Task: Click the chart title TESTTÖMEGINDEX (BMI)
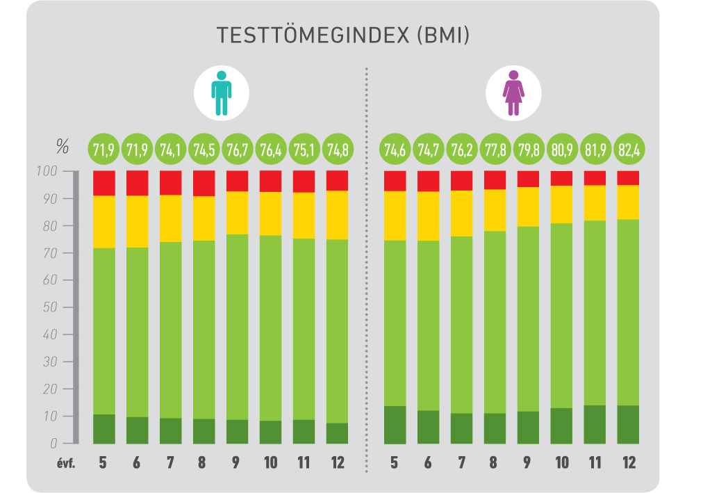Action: [342, 36]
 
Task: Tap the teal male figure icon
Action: [221, 92]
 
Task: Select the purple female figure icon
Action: [513, 92]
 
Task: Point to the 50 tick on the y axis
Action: [53, 307]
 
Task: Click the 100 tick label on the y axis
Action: [50, 171]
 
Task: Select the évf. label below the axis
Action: [66, 463]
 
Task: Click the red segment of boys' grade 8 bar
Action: [204, 184]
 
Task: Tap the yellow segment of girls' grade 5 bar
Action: [395, 216]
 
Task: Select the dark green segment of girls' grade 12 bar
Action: [628, 424]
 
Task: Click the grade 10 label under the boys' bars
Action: [270, 463]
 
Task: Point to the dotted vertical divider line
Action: [366, 278]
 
